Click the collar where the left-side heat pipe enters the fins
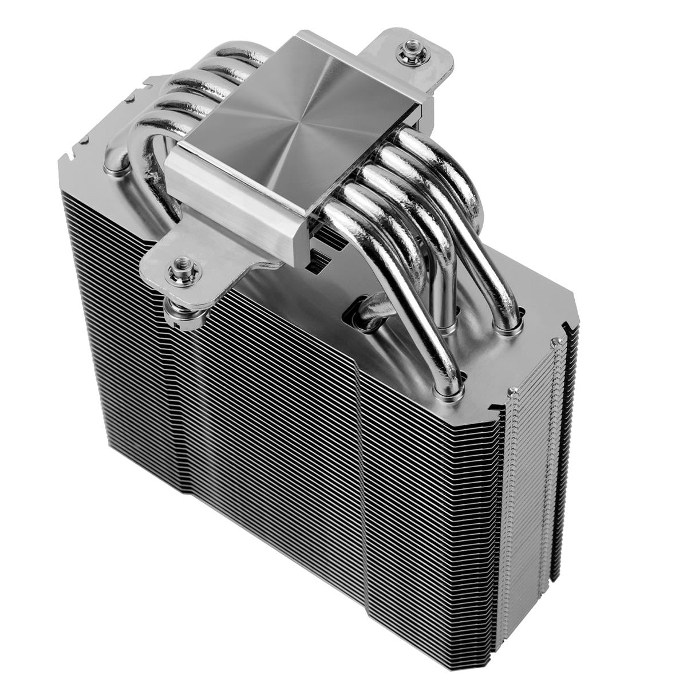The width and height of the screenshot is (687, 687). coord(116,167)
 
